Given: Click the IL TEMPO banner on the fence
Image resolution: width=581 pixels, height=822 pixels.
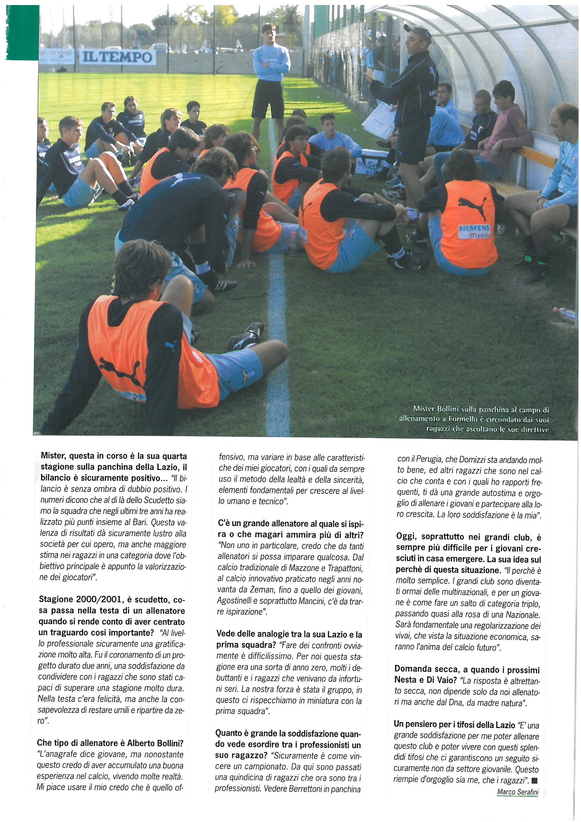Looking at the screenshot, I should [x=117, y=57].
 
